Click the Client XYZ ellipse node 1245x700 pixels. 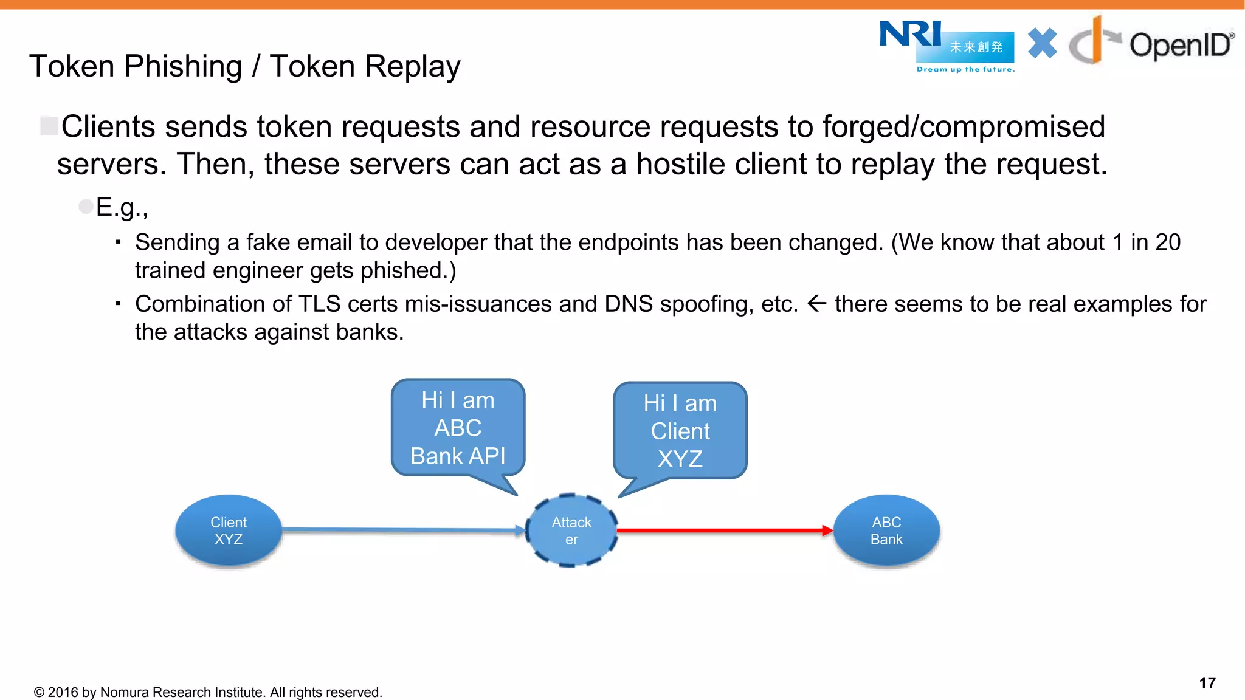pos(229,530)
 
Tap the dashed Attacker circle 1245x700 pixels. pos(571,530)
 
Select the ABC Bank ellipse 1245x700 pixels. pos(886,530)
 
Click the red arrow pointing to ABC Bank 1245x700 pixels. pos(723,530)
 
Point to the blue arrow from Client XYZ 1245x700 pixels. pos(401,530)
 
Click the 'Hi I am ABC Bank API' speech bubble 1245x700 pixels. pos(458,428)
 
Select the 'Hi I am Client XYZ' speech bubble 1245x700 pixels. pos(680,431)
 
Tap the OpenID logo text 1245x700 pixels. pos(1179,46)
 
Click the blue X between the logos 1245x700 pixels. pos(1042,43)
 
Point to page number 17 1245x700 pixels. pos(1207,683)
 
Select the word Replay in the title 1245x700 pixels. pos(365,66)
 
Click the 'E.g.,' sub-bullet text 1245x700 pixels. pos(122,207)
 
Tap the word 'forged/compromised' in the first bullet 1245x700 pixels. pos(963,127)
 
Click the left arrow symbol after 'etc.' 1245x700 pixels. pos(816,303)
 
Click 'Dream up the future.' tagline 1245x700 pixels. pos(965,69)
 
